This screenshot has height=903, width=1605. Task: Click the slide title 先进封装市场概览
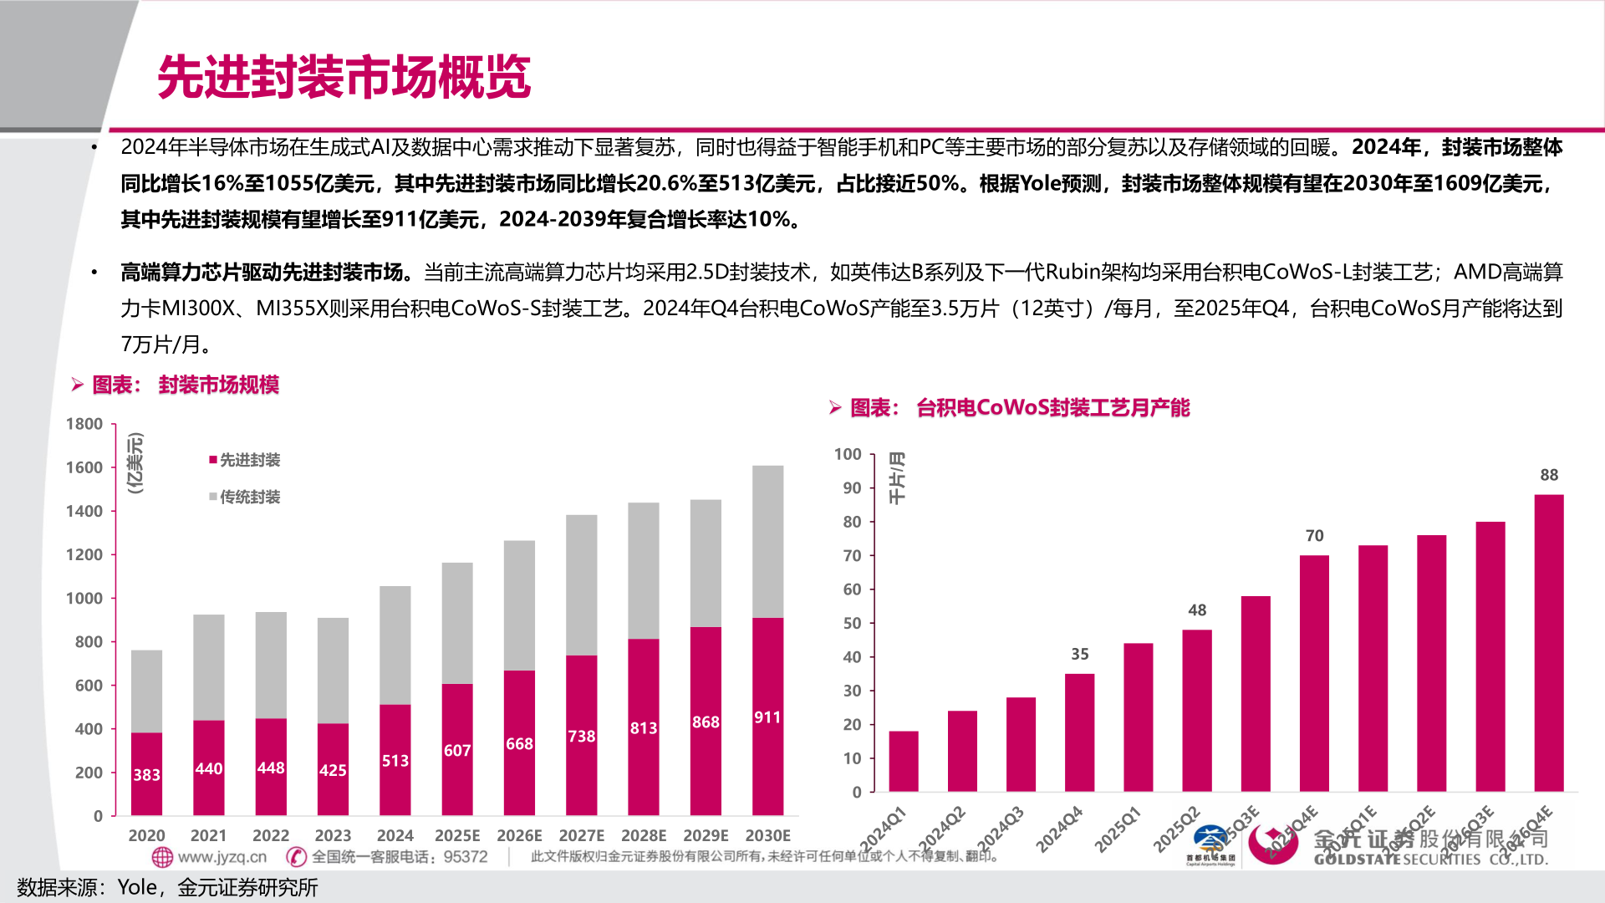(x=344, y=77)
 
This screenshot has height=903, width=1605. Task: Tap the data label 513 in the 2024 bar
(x=395, y=761)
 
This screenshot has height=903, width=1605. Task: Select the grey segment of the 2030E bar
(x=767, y=541)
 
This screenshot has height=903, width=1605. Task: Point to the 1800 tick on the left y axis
(x=84, y=424)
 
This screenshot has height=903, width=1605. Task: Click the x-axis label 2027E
(x=581, y=835)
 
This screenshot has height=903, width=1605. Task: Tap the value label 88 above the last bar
(x=1549, y=475)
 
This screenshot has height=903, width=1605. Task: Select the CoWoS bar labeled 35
(x=1079, y=732)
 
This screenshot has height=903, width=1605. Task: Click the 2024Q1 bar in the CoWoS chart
(x=903, y=761)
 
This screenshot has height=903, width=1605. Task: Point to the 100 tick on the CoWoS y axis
(x=848, y=454)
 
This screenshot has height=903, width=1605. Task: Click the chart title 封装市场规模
(x=218, y=385)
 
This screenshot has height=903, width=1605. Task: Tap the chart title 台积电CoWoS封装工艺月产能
(x=1052, y=408)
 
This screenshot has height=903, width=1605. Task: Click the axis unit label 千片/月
(x=896, y=478)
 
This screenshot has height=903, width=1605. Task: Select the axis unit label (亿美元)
(x=135, y=462)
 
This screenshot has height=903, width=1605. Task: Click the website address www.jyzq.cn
(x=222, y=857)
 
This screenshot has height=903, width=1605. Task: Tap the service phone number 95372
(x=466, y=857)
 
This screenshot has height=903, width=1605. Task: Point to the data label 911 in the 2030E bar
(x=767, y=717)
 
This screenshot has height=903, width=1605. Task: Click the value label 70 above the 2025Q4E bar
(x=1314, y=536)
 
